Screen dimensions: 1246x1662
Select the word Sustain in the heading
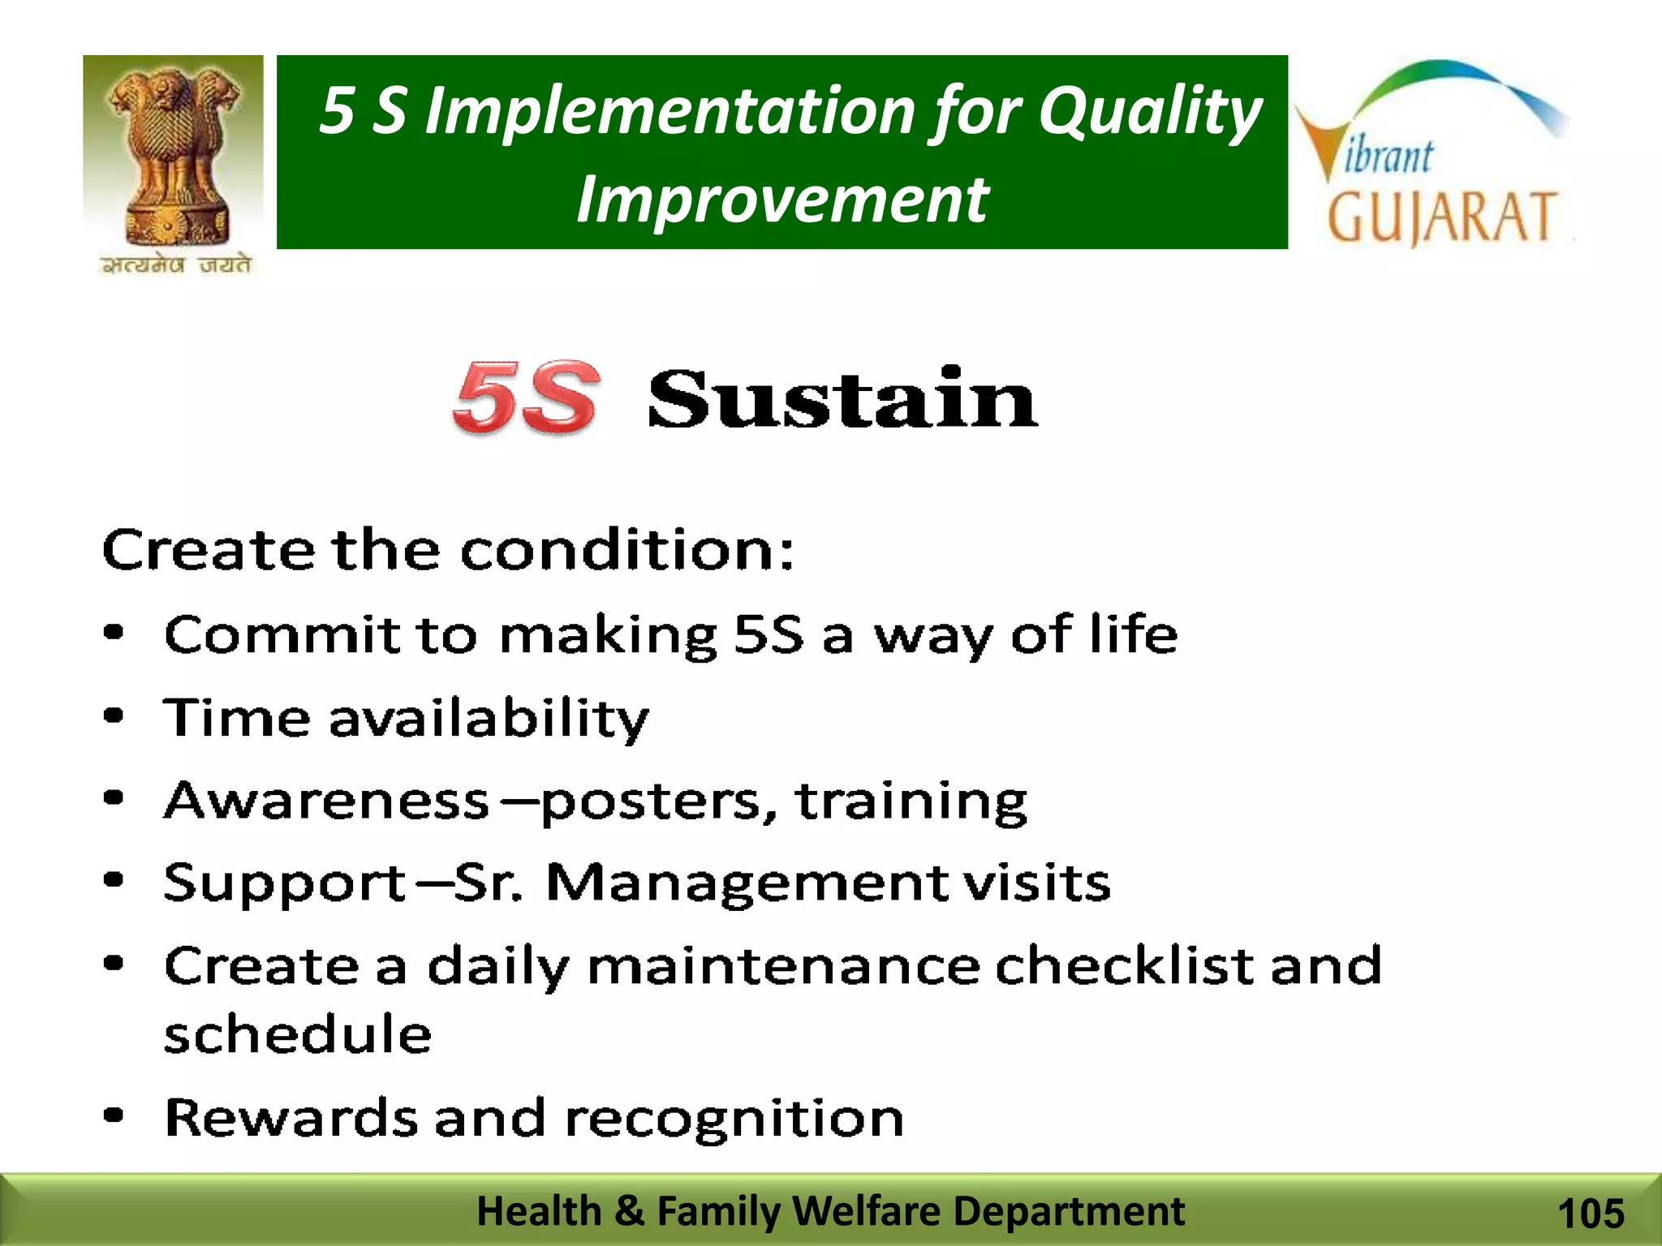842,398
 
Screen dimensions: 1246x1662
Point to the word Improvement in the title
781,200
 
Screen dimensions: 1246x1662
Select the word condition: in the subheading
627,551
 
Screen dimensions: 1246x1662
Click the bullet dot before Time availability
114,716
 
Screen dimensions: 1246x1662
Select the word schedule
298,1034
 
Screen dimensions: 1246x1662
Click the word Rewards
291,1118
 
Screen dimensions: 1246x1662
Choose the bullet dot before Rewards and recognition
114,1116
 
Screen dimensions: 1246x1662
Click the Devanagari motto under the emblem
176,265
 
